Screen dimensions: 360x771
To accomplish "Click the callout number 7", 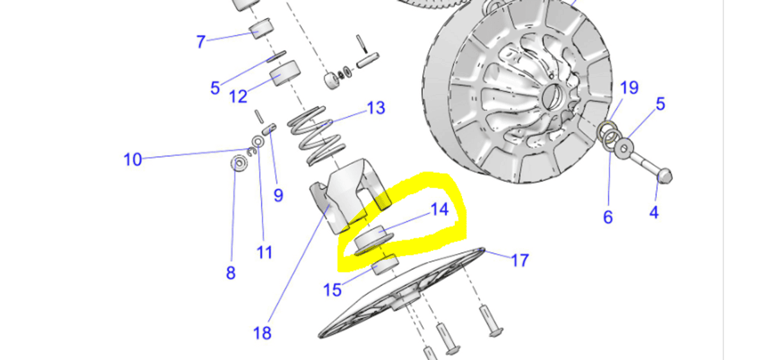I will point(201,42).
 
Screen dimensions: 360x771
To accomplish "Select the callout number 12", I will point(238,96).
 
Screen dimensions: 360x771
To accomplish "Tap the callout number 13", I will point(376,107).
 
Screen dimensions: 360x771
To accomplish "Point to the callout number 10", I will point(132,159).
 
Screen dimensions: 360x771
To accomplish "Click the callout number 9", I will point(278,195).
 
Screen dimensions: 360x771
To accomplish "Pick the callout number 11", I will point(265,252).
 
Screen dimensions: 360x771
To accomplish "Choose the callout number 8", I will point(231,273).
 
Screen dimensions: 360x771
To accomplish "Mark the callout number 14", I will point(439,210).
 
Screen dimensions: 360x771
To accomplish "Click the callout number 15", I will point(332,290).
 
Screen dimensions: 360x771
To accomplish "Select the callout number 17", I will point(520,260).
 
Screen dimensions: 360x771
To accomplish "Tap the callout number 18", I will point(262,333).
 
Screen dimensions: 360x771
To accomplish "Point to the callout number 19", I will point(629,87).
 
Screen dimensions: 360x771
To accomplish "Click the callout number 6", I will point(608,217).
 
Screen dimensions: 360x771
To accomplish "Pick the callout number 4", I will point(654,212).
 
